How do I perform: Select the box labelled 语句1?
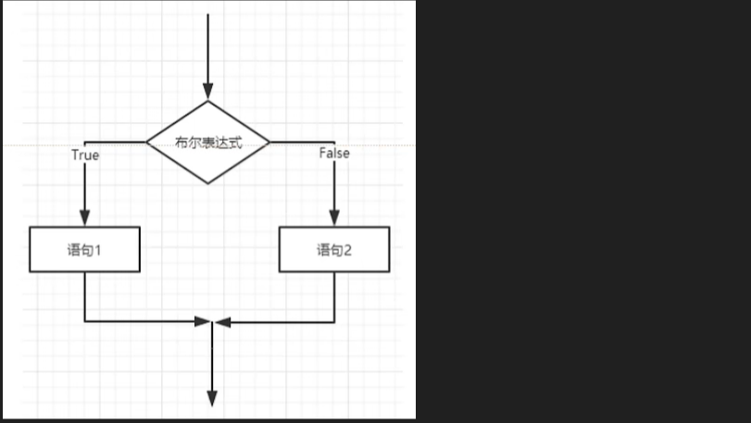click(84, 250)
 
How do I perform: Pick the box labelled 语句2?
click(334, 250)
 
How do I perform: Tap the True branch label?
click(84, 156)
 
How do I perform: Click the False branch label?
click(333, 154)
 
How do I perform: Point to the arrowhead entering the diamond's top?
click(208, 91)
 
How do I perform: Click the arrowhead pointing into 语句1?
click(84, 219)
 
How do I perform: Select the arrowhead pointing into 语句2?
click(334, 219)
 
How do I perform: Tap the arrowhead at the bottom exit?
click(212, 398)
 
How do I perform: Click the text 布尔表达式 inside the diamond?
click(208, 143)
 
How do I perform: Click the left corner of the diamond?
click(148, 143)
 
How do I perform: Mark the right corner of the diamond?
click(269, 143)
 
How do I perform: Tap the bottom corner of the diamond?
click(208, 182)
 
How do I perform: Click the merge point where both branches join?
click(212, 322)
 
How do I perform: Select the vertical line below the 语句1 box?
click(84, 296)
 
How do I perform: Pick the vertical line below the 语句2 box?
click(334, 296)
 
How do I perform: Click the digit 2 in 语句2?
click(348, 250)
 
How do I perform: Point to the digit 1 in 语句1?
click(97, 250)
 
